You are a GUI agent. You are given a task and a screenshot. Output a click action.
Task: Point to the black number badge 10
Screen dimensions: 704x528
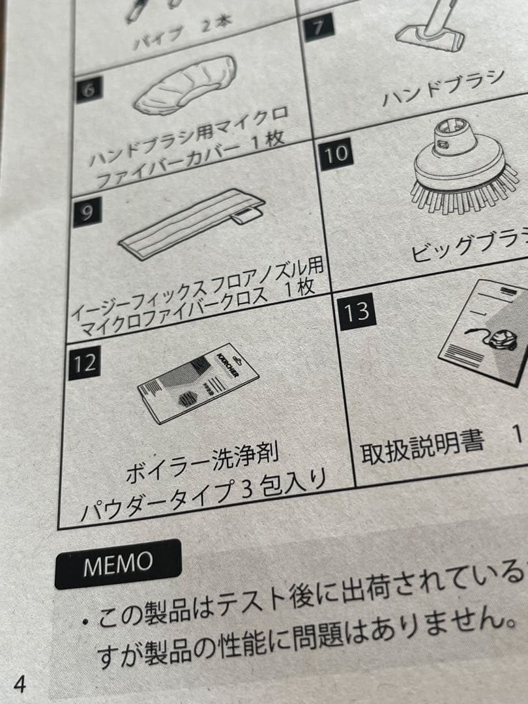pos(337,154)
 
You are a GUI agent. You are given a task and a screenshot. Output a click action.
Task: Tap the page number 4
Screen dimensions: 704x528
pos(20,685)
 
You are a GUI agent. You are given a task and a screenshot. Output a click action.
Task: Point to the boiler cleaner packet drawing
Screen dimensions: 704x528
pos(198,382)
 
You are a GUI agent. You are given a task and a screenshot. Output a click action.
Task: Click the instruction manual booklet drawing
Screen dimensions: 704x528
pos(486,329)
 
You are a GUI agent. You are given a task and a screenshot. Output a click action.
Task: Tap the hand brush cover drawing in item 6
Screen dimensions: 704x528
pos(187,84)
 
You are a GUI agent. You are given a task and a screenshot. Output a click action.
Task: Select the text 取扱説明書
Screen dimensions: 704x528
pos(423,447)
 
